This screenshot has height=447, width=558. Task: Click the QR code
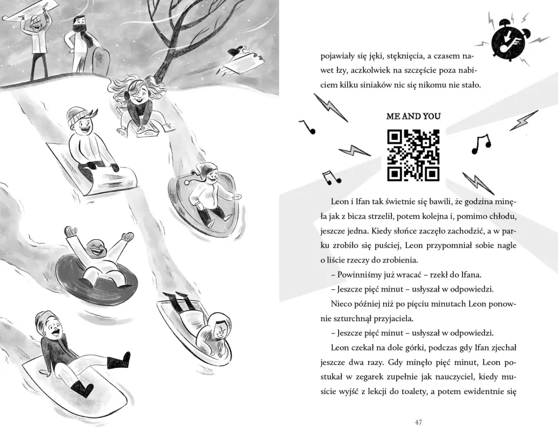click(x=413, y=155)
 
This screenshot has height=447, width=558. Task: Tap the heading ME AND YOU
click(x=413, y=116)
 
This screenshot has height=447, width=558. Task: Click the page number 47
click(x=418, y=422)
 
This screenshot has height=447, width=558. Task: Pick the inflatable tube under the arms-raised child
click(x=96, y=271)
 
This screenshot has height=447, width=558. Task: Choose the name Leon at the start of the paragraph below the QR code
click(x=340, y=202)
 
